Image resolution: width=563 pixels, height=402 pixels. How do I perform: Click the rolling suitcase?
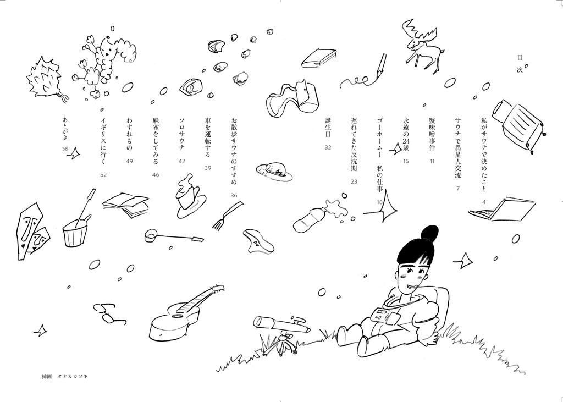pyautogui.click(x=518, y=124)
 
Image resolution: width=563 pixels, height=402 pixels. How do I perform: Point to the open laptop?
pyautogui.click(x=505, y=209)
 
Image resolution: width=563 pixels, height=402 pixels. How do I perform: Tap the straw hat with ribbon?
pyautogui.click(x=274, y=171)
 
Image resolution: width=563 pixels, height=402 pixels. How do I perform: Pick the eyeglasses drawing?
pyautogui.click(x=109, y=313)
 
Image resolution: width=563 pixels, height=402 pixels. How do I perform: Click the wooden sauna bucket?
pyautogui.click(x=77, y=231)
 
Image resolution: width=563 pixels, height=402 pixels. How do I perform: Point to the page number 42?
pyautogui.click(x=181, y=161)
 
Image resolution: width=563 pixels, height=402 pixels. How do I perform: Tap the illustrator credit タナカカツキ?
pyautogui.click(x=73, y=376)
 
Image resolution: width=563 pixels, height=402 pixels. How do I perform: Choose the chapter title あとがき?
pyautogui.click(x=65, y=129)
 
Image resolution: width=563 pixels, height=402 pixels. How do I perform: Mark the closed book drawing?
pyautogui.click(x=319, y=58)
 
